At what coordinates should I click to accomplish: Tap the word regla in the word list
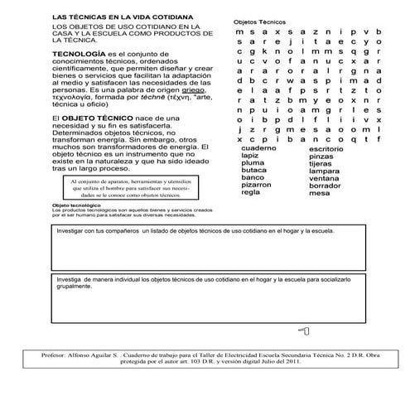coord(251,192)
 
